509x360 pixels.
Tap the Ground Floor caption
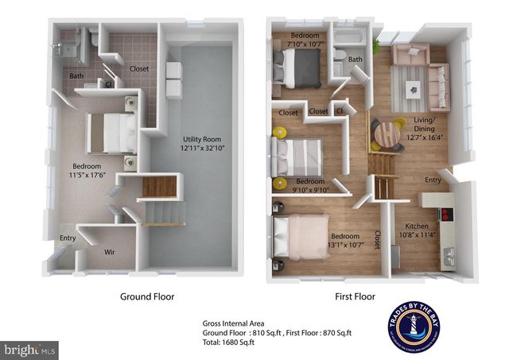pyautogui.click(x=147, y=296)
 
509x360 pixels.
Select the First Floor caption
pyautogui.click(x=353, y=296)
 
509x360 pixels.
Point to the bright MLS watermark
pyautogui.click(x=30, y=349)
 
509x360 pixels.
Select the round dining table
pyautogui.click(x=387, y=133)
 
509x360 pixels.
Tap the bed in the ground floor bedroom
pyautogui.click(x=111, y=132)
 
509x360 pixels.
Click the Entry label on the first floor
pyautogui.click(x=433, y=180)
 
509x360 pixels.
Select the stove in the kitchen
pyautogui.click(x=447, y=214)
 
